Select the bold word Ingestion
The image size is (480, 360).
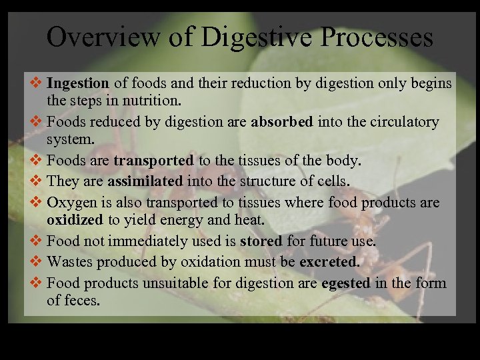[x=78, y=84]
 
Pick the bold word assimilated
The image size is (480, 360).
[x=145, y=181]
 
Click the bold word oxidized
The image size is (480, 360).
[x=75, y=219]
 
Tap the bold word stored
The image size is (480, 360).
[x=261, y=241]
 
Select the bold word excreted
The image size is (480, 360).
[x=329, y=262]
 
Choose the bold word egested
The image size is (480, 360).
[x=345, y=283]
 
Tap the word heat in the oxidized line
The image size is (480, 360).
[x=250, y=219]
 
